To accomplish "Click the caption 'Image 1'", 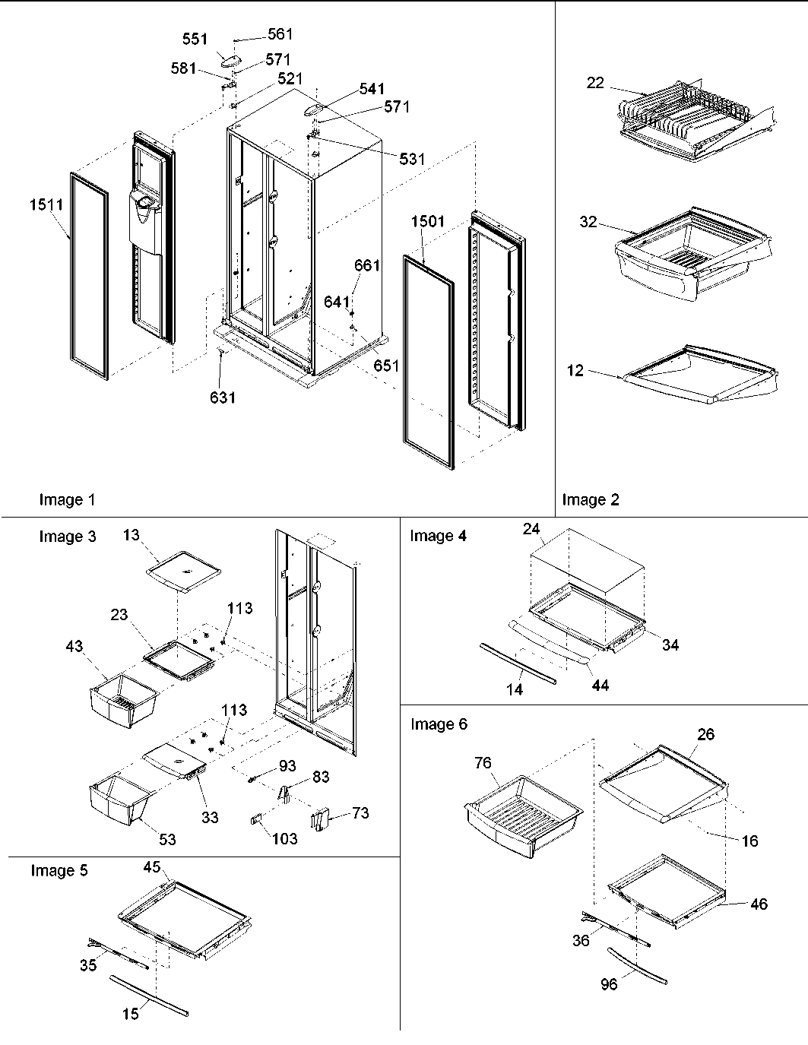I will (67, 500).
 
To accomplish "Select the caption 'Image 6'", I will (439, 724).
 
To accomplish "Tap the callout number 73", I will (360, 813).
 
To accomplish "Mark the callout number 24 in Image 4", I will (531, 529).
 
